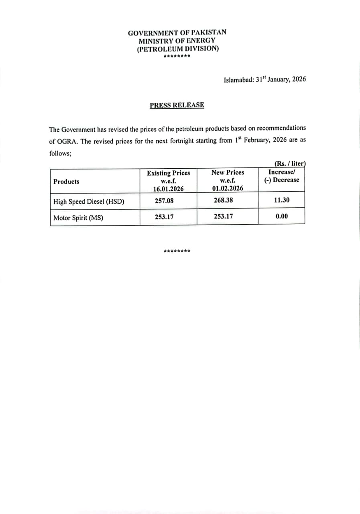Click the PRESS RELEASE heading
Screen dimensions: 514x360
point(177,105)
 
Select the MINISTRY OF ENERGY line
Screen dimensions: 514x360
point(177,41)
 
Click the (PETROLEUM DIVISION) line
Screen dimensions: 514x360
point(177,49)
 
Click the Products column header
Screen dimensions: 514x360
point(66,182)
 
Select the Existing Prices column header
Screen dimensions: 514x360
point(168,173)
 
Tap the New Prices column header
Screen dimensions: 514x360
point(228,172)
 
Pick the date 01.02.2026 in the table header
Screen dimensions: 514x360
point(228,188)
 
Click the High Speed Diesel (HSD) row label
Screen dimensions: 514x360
point(89,202)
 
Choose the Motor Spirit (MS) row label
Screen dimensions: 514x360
point(78,218)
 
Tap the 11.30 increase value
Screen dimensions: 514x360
point(282,200)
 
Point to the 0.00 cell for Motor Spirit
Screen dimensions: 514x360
point(282,216)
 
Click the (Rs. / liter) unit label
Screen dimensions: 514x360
point(290,163)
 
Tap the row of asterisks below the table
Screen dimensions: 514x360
point(177,252)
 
